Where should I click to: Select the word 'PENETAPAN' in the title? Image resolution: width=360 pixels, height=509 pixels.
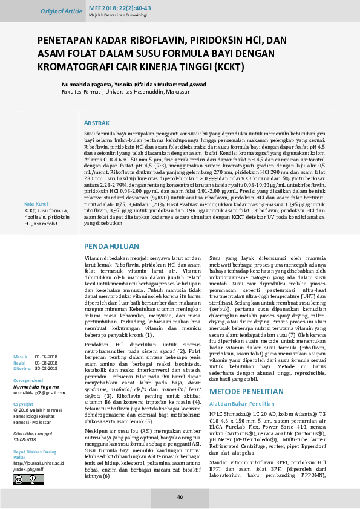tap(65, 41)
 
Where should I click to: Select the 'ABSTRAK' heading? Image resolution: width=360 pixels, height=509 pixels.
tap(97, 123)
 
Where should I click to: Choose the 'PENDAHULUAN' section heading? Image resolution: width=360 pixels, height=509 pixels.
tap(111, 247)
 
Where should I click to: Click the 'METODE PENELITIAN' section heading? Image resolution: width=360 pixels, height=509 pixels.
tap(246, 375)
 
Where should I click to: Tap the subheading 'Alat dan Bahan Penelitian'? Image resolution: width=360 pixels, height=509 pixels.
tap(243, 386)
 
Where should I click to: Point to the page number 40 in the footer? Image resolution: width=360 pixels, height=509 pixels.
tap(180, 497)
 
